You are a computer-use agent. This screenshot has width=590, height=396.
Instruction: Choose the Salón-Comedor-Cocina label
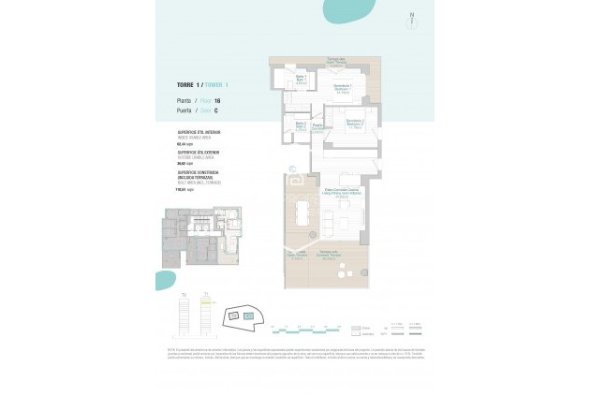338,192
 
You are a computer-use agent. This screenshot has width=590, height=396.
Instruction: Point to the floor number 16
217,99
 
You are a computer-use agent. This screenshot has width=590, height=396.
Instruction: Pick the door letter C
216,110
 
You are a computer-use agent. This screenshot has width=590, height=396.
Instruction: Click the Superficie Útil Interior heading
199,134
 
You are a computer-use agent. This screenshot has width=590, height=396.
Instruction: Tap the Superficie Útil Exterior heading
199,151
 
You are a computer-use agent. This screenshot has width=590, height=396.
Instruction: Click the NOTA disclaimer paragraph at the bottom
294,353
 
